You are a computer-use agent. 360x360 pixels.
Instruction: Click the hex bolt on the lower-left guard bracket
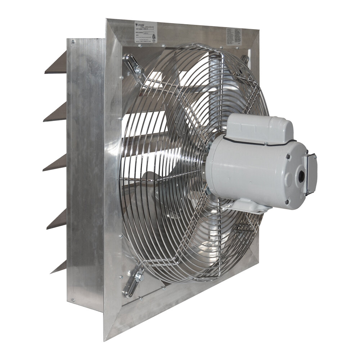tap(139, 278)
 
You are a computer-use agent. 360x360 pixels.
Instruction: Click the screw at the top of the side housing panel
tap(73, 42)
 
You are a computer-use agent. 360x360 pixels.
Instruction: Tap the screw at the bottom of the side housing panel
tap(73, 300)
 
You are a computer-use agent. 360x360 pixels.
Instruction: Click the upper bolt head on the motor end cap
tap(288, 157)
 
